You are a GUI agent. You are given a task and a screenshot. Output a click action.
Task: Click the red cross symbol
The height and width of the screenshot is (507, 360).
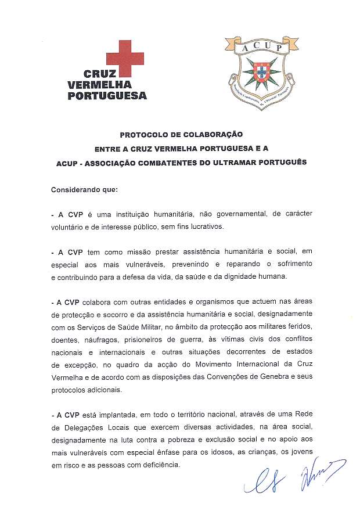click(125, 59)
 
